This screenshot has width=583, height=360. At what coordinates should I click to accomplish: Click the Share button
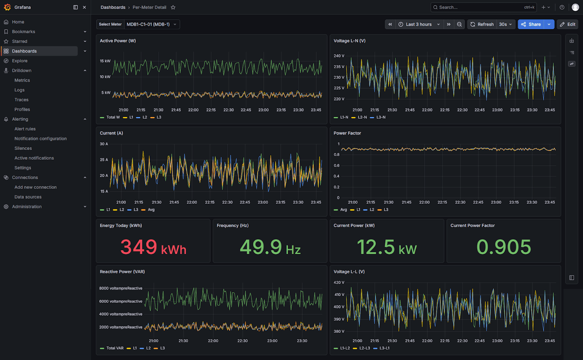click(x=531, y=24)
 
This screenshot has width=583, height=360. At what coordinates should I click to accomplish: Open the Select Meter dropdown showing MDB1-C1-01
click(x=152, y=24)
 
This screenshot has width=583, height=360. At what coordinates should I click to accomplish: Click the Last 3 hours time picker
click(x=419, y=24)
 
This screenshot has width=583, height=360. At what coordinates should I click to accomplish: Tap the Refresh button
click(x=482, y=24)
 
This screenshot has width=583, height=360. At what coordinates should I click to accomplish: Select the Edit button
click(x=567, y=24)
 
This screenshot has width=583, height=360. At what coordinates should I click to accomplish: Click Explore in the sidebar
click(x=20, y=61)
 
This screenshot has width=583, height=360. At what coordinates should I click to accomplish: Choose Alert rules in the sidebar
click(x=25, y=129)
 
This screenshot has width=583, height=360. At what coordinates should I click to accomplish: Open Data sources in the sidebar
click(x=28, y=197)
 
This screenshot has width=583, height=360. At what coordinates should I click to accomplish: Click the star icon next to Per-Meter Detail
click(x=173, y=7)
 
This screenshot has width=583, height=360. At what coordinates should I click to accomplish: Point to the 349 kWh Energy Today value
click(x=153, y=247)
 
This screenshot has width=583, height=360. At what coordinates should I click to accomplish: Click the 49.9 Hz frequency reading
click(x=270, y=247)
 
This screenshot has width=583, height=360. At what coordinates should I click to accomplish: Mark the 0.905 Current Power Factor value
click(x=504, y=247)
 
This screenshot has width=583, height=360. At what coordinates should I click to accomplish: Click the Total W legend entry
click(x=110, y=117)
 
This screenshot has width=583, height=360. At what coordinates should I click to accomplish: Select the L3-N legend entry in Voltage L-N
click(x=378, y=117)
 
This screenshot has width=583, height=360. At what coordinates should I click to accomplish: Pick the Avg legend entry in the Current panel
click(x=148, y=209)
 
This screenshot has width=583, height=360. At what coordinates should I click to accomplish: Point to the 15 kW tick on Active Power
click(x=105, y=61)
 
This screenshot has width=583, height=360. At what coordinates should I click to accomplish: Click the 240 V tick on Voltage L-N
click(x=339, y=56)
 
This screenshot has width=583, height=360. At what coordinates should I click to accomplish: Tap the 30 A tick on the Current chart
click(x=104, y=144)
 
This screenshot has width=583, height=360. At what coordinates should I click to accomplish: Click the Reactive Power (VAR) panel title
click(x=122, y=271)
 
